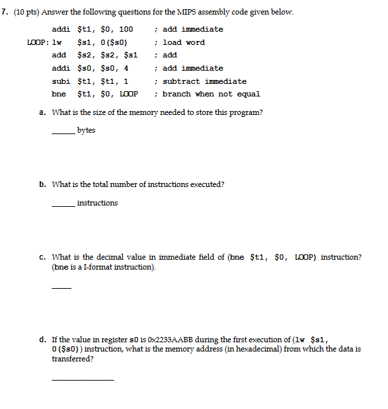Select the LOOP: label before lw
click(34, 42)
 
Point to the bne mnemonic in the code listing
click(58, 94)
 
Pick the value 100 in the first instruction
click(126, 29)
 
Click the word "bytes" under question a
click(86, 130)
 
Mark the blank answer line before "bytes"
click(63, 133)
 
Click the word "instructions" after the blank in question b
click(97, 203)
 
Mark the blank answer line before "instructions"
click(63, 206)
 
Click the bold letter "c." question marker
click(42, 257)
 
